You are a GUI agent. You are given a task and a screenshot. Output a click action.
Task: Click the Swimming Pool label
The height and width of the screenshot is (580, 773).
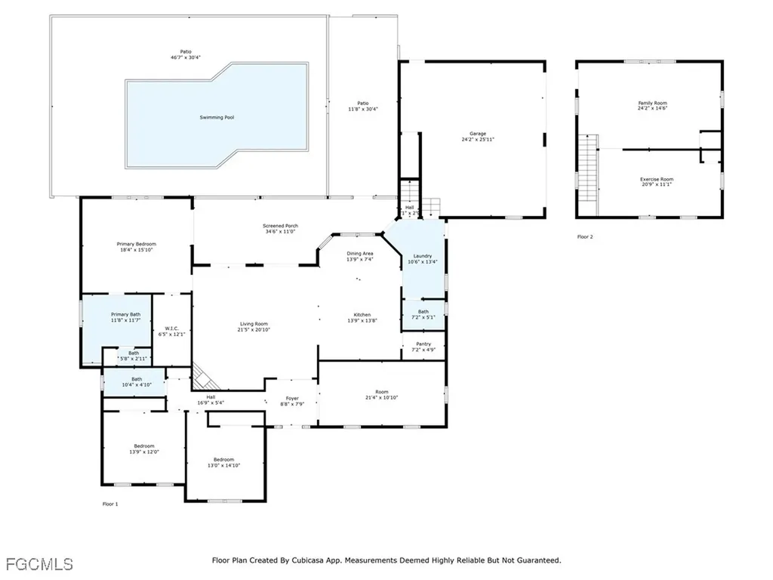click(217, 117)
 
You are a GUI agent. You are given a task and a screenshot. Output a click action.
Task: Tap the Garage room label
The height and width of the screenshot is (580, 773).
click(479, 134)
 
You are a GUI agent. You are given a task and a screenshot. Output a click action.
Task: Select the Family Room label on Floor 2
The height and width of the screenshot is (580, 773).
click(652, 103)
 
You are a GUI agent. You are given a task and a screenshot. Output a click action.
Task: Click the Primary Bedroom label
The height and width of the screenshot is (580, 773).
click(136, 244)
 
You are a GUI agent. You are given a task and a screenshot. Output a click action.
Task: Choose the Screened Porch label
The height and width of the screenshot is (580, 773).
click(280, 226)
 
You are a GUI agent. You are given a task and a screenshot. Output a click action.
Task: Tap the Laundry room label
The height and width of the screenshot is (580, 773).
click(423, 256)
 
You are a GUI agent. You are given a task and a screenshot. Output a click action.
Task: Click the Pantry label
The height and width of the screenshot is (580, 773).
click(423, 344)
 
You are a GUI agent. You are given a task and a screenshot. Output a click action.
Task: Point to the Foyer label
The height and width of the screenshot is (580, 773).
click(292, 398)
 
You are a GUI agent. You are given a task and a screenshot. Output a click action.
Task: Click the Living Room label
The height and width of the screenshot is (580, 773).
click(254, 324)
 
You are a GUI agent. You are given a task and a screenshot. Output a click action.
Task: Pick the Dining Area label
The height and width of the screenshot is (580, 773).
click(359, 254)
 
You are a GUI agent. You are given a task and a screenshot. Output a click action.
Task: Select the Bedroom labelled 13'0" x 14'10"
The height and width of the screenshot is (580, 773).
click(223, 460)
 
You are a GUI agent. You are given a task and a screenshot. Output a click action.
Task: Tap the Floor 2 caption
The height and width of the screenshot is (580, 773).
click(585, 237)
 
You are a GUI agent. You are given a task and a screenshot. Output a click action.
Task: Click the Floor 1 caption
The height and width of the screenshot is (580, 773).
click(110, 504)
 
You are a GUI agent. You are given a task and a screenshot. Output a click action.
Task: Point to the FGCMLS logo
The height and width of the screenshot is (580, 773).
click(38, 563)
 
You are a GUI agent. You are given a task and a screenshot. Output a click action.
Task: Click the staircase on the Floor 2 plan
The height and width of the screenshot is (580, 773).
click(589, 173)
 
